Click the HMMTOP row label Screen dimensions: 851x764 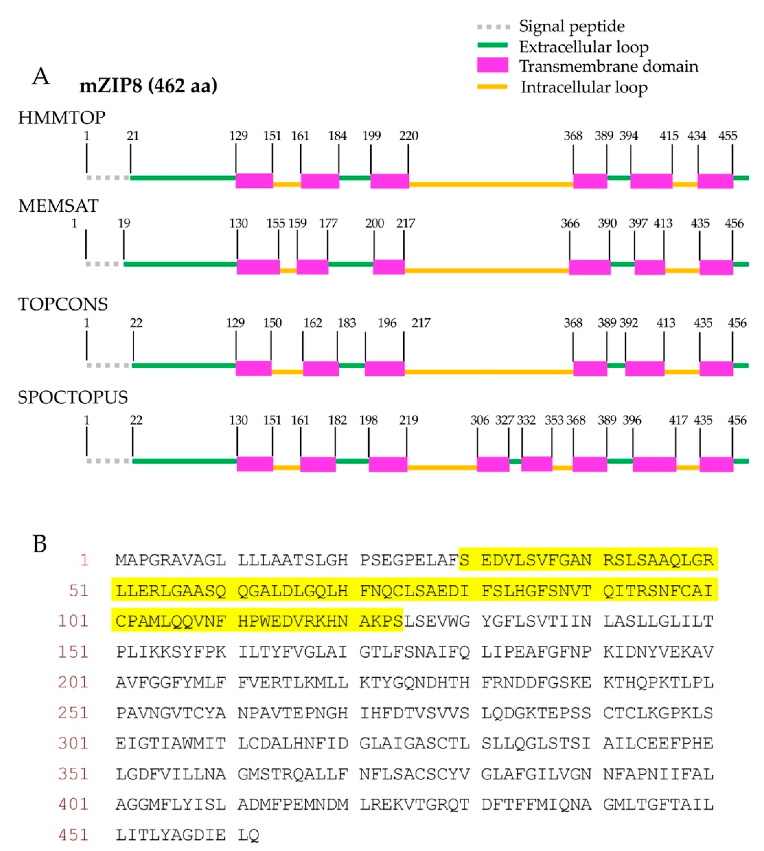(62, 118)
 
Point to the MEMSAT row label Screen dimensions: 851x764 (58, 206)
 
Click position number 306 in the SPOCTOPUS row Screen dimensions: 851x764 (479, 420)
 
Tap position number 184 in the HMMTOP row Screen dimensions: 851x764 (337, 136)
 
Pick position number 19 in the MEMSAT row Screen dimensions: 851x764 (124, 223)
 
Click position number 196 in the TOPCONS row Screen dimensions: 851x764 (387, 323)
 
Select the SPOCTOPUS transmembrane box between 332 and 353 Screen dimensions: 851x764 (537, 464)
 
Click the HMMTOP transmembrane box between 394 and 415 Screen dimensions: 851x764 (651, 181)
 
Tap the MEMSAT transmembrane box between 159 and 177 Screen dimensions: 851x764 (312, 267)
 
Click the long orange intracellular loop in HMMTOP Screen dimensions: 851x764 (491, 184)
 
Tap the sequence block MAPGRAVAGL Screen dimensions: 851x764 (171, 560)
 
